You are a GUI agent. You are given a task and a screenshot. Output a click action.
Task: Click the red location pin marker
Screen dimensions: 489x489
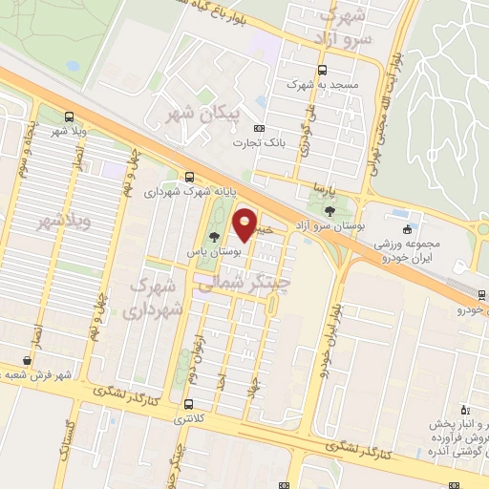tap(245, 224)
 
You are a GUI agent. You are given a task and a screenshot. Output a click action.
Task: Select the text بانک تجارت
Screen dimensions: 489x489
tap(259, 142)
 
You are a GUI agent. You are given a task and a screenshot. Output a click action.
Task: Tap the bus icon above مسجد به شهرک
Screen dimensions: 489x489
tap(322, 70)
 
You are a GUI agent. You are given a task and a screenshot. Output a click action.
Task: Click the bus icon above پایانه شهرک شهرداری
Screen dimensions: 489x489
tap(188, 176)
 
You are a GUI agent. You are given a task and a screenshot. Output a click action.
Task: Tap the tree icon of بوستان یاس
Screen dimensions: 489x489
tap(213, 237)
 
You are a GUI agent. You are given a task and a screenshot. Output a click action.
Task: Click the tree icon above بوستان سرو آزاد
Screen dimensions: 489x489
tap(330, 209)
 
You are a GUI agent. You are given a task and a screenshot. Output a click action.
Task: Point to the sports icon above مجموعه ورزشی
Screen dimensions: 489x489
tap(408, 228)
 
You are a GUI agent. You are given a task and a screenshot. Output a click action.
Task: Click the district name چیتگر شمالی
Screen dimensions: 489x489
tap(236, 284)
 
